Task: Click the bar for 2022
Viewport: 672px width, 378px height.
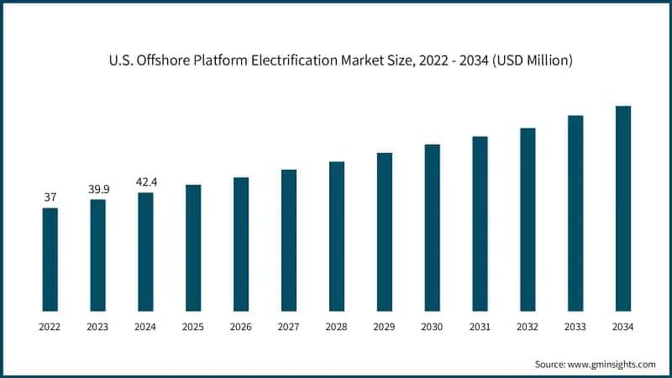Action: (50, 260)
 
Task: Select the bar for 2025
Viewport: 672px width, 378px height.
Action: (193, 248)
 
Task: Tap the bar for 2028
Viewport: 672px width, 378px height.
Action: (337, 236)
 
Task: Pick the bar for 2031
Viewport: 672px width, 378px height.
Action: (480, 223)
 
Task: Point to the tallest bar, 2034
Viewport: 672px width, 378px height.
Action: (623, 208)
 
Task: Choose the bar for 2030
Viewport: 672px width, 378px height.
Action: (432, 228)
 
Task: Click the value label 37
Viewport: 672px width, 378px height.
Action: (50, 197)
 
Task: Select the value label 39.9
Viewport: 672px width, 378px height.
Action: (98, 189)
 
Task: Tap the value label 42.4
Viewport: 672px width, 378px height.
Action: (146, 182)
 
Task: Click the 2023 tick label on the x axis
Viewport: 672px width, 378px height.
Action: (98, 327)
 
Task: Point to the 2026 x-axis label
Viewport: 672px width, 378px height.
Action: (241, 327)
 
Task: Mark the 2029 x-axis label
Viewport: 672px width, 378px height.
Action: (385, 327)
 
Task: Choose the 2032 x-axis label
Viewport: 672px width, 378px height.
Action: (528, 327)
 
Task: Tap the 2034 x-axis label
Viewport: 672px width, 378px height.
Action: (623, 327)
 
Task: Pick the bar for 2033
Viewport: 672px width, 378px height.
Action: (575, 213)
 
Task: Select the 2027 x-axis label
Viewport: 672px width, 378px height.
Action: (289, 327)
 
